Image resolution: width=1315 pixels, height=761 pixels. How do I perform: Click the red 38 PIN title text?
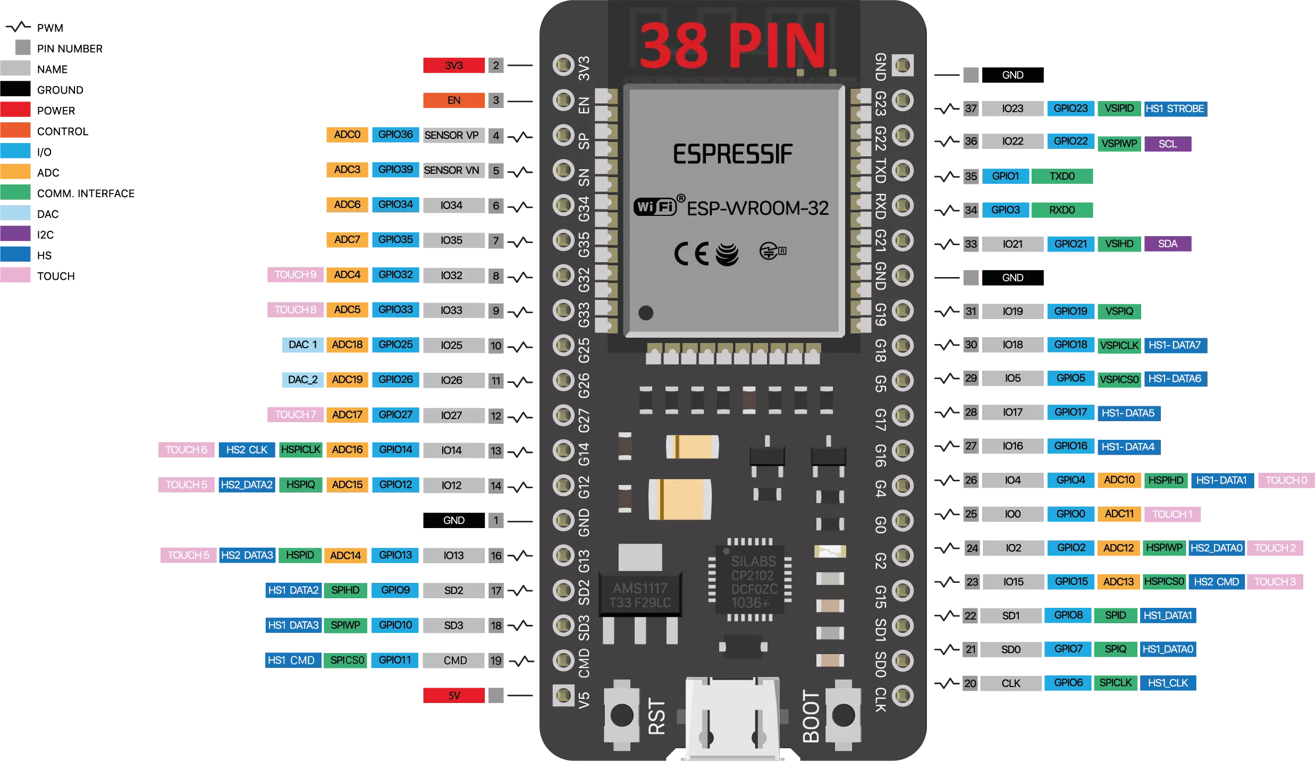(732, 46)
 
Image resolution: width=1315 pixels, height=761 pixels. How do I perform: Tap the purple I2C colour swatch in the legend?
(15, 234)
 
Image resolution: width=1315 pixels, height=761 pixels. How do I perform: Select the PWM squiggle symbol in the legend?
(18, 27)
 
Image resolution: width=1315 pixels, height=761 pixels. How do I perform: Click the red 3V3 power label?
(454, 65)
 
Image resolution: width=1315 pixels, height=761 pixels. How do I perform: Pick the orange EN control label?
(454, 101)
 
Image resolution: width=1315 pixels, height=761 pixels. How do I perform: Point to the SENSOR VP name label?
(451, 135)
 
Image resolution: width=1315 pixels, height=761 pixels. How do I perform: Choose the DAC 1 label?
(302, 345)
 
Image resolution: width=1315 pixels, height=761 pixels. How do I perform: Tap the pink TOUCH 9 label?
(296, 275)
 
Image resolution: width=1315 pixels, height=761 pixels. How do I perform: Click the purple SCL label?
(1168, 144)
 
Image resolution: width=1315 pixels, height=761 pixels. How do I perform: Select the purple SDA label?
(1168, 244)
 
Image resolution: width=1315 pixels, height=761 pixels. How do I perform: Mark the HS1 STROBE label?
(1175, 108)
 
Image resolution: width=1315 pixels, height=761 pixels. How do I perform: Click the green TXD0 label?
(1062, 176)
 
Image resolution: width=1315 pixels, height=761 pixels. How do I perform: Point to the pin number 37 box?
(971, 108)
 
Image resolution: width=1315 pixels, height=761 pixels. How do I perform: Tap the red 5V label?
(454, 696)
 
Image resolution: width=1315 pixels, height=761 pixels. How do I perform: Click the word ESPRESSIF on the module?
(732, 154)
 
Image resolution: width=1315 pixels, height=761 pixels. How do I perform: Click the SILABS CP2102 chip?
(749, 581)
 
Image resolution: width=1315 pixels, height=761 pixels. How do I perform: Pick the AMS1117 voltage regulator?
(640, 595)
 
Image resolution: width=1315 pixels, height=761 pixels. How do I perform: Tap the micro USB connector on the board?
(732, 718)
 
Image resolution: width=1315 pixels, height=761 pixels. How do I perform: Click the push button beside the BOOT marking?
(843, 715)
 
